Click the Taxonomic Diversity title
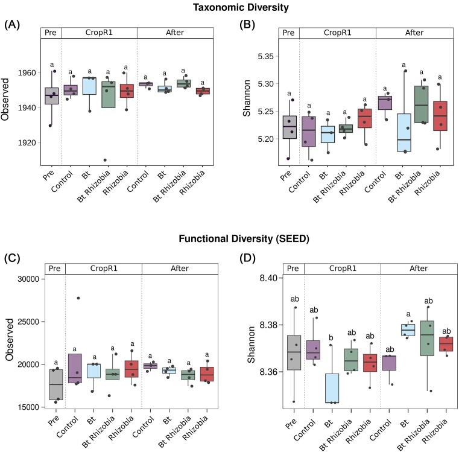coord(229,8)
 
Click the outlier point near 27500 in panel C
coord(78,298)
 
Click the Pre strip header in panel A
coord(51,32)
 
